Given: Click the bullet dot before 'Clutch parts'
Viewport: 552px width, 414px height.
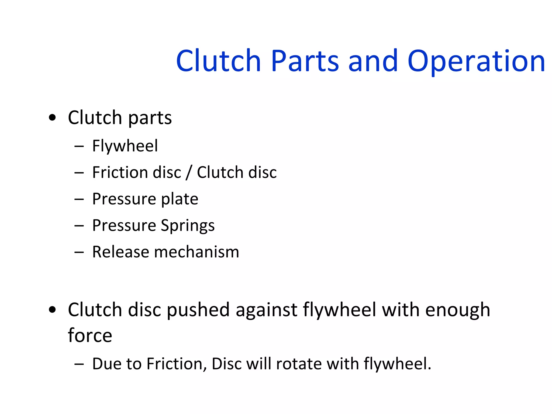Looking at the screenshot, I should click(x=52, y=118).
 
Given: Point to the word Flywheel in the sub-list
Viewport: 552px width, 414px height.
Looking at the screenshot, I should click(x=125, y=146).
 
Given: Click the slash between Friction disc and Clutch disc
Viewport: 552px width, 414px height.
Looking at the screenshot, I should click(x=189, y=172).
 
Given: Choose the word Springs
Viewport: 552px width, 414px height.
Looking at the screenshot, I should click(x=188, y=226).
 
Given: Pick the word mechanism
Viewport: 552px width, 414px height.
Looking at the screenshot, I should click(x=196, y=252).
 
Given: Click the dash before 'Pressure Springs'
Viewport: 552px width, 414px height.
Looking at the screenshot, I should click(x=79, y=226).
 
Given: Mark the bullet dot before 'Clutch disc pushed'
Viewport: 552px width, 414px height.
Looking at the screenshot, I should click(x=52, y=310).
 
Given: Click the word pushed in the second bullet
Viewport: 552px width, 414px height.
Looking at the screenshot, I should click(x=198, y=310).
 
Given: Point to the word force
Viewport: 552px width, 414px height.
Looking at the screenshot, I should click(x=90, y=335).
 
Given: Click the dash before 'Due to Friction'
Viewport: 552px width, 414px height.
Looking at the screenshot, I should click(x=79, y=364).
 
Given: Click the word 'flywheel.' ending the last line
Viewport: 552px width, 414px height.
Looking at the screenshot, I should click(x=398, y=364).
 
